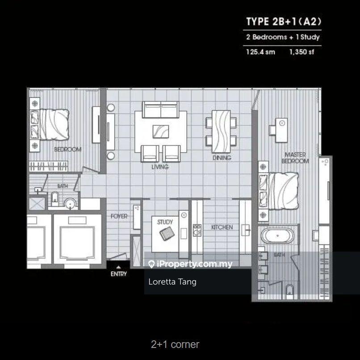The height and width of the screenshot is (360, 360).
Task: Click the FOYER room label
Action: click(119, 216)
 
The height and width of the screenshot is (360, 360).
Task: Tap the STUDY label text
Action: click(165, 222)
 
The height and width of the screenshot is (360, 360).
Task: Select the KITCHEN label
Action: click(222, 228)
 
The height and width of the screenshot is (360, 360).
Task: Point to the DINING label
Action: click(222, 158)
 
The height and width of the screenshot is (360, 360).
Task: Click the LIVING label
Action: click(160, 167)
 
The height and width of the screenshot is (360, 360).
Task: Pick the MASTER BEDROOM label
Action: click(295, 158)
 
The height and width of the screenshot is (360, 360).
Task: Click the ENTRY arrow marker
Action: click(118, 267)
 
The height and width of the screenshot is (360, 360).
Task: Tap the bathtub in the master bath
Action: click(277, 236)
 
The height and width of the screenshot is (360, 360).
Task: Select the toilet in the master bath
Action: click(289, 292)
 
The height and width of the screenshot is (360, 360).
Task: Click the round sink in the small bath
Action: click(70, 203)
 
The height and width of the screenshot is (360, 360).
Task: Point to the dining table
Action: click(221, 132)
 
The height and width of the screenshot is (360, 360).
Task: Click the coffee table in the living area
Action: click(161, 132)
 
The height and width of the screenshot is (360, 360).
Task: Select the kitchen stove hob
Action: click(197, 230)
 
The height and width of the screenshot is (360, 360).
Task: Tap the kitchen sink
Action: click(246, 230)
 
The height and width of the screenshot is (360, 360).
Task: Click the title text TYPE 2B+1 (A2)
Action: click(284, 21)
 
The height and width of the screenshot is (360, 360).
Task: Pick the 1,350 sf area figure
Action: click(301, 52)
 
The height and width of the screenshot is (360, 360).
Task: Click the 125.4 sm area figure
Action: click(260, 52)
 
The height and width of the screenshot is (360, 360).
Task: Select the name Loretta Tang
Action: click(172, 281)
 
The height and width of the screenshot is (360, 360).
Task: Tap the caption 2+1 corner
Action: click(175, 344)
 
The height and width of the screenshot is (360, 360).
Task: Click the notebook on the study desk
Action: click(167, 233)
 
